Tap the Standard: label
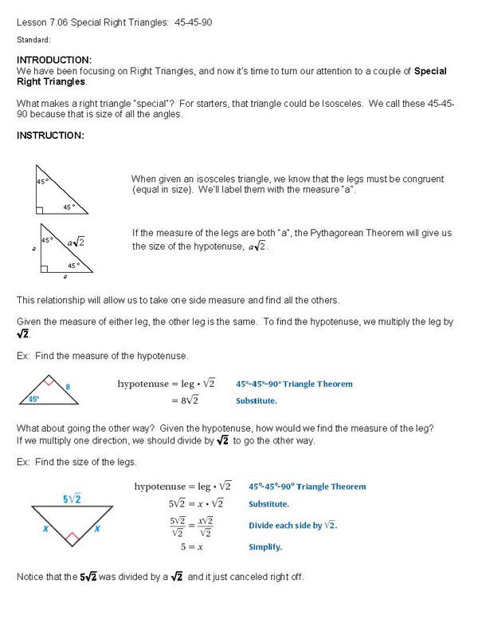[33, 40]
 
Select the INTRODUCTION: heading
[54, 60]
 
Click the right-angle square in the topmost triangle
[40, 210]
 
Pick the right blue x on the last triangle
[98, 527]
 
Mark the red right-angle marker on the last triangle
[72, 538]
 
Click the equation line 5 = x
[184, 547]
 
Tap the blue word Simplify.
[265, 547]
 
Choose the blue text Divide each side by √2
[292, 525]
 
